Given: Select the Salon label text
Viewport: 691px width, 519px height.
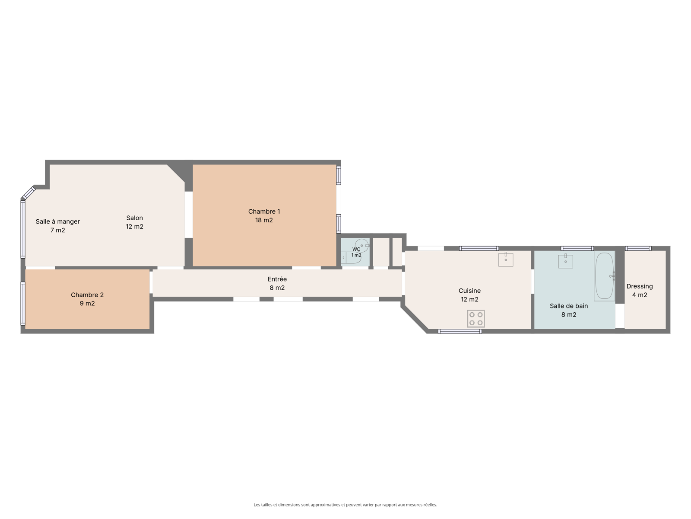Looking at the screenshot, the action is tap(134, 218).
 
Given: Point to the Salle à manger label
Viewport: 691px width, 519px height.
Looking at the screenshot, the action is tap(57, 221).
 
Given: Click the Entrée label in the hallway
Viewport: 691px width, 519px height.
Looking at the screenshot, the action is tap(277, 279).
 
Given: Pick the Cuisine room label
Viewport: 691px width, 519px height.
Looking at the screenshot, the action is tap(469, 291).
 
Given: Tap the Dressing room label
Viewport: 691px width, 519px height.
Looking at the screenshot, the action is tap(639, 286).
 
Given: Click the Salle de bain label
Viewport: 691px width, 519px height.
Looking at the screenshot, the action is tap(568, 306).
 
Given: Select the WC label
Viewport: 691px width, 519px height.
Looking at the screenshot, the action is tap(356, 249).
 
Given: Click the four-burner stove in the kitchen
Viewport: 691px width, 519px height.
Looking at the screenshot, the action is tap(475, 319).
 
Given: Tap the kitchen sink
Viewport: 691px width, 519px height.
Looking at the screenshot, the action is tap(506, 259).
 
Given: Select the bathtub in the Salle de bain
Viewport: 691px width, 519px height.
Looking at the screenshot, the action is tap(604, 276).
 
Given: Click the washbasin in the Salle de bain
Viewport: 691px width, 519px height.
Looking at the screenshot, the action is tap(565, 261).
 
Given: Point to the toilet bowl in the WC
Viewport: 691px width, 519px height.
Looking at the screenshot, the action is tap(362, 246).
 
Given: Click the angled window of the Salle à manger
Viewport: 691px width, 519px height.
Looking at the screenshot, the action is tap(29, 193).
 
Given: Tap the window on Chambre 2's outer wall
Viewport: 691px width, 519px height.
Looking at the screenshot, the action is tap(23, 303).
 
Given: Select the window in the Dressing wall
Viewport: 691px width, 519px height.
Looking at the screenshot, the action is tap(638, 248).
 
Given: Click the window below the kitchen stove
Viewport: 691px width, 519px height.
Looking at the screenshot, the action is tap(460, 331).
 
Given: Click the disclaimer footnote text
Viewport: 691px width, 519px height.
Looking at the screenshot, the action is tap(345, 505).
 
